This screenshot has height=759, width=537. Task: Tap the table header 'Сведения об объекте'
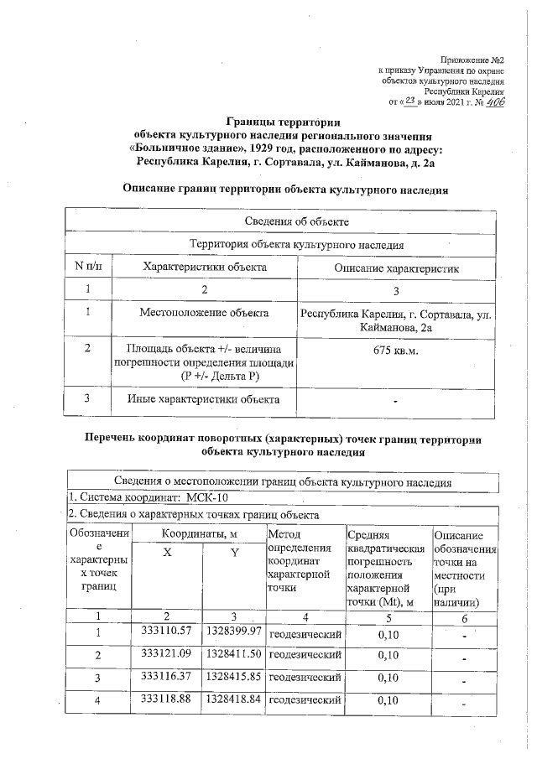point(284,221)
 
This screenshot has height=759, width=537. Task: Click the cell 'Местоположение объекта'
point(205,313)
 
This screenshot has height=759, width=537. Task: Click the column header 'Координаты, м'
point(200,533)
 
